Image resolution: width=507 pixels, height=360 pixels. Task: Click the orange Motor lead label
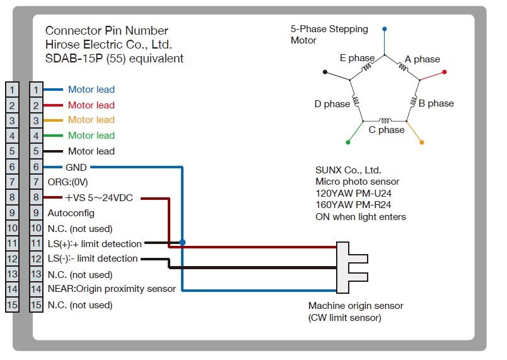(x=91, y=120)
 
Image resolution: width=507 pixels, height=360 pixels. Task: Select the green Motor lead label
(x=91, y=136)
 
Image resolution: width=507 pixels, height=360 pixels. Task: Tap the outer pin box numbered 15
(x=12, y=305)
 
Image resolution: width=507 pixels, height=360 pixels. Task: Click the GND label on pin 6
(x=76, y=167)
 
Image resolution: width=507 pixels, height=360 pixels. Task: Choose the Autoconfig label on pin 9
(x=71, y=213)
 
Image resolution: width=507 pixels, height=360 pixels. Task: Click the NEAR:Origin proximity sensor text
(x=112, y=289)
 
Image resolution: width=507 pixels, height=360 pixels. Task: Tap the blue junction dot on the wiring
(x=182, y=242)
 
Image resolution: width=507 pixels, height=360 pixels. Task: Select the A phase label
(x=422, y=59)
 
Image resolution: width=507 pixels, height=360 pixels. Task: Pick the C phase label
(x=386, y=130)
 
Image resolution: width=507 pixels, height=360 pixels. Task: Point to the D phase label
(x=332, y=104)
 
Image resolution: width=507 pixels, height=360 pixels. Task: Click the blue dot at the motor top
(x=385, y=29)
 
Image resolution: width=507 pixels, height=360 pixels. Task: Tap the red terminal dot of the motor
(x=445, y=72)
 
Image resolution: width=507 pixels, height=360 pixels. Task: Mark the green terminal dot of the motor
(x=348, y=142)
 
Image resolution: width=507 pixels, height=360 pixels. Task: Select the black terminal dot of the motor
(x=325, y=72)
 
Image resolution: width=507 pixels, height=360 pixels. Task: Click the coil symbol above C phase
(x=384, y=120)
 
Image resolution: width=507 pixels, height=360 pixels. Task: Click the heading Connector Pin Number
(x=107, y=31)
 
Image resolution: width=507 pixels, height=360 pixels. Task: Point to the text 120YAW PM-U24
(x=358, y=194)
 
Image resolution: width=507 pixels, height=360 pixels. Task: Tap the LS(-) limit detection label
(x=93, y=258)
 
